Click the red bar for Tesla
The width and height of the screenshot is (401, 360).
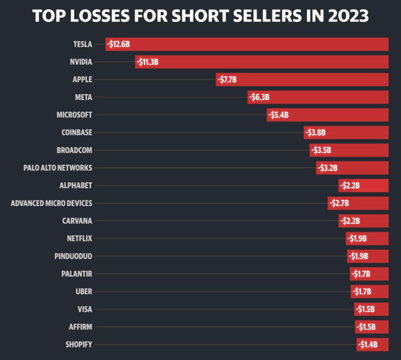pyautogui.click(x=247, y=44)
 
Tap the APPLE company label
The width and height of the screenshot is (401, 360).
pyautogui.click(x=82, y=80)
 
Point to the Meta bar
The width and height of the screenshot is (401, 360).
pyautogui.click(x=318, y=97)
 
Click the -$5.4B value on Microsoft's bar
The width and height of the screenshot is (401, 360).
pyautogui.click(x=279, y=115)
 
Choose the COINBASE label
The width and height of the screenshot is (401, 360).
pyautogui.click(x=77, y=132)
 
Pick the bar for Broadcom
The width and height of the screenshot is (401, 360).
pyautogui.click(x=349, y=150)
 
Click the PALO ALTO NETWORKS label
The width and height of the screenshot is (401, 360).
pyautogui.click(x=58, y=168)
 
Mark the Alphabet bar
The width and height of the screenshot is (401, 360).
pyautogui.click(x=363, y=185)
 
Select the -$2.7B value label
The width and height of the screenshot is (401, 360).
pyautogui.click(x=339, y=203)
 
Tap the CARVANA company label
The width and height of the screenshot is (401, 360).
pyautogui.click(x=77, y=221)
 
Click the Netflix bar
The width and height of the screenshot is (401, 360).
pyautogui.click(x=367, y=238)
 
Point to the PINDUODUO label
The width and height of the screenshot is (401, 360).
pyautogui.click(x=74, y=256)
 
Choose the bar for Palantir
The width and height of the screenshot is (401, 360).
pyautogui.click(x=369, y=274)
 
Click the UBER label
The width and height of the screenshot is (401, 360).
pyautogui.click(x=84, y=291)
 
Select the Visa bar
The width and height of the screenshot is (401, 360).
pyautogui.click(x=371, y=309)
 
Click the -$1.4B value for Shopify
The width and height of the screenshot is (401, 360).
pyautogui.click(x=368, y=345)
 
